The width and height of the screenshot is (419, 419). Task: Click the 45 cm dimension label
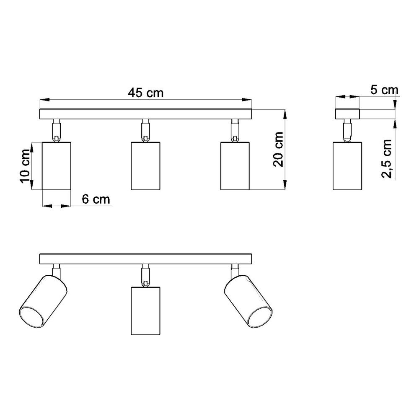(x=146, y=93)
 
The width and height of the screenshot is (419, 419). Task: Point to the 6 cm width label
(x=96, y=199)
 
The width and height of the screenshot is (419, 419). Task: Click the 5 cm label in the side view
(x=384, y=90)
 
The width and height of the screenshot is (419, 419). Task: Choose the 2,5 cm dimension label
(x=386, y=159)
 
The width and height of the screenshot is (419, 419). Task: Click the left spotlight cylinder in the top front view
(x=57, y=166)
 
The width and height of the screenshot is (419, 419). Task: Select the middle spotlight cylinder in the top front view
(x=146, y=166)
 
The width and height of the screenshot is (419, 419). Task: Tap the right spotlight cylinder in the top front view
(x=235, y=166)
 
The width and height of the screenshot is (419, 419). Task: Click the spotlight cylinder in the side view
(x=347, y=166)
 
